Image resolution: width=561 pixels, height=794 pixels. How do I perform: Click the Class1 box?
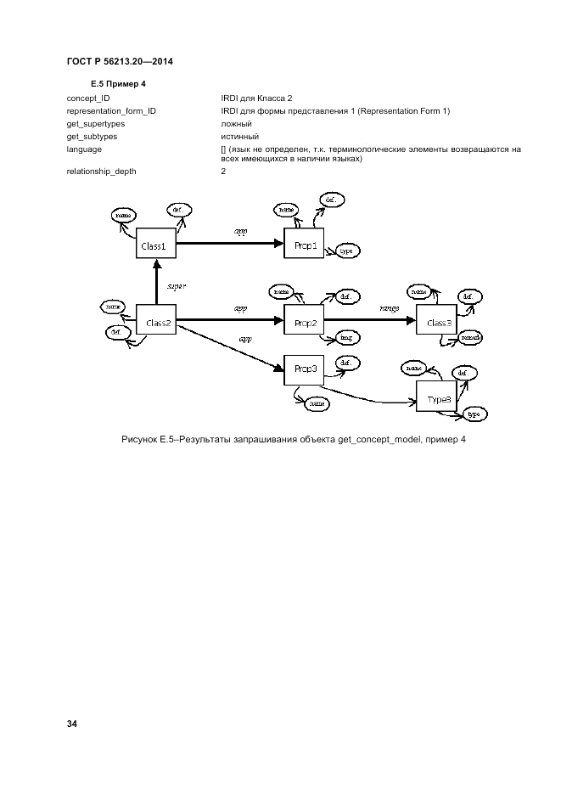[157, 245]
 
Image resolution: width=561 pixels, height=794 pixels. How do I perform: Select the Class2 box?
[158, 322]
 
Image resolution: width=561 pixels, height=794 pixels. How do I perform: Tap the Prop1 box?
[304, 246]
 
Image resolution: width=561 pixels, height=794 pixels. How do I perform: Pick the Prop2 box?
[304, 323]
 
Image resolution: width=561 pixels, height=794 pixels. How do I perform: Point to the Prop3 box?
[304, 368]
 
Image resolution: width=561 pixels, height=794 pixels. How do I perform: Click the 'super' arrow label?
[177, 286]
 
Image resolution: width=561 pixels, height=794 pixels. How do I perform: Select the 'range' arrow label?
[390, 309]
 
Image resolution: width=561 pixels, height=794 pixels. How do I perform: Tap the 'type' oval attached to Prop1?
[346, 251]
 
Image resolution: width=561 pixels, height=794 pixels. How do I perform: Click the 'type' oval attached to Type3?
[474, 414]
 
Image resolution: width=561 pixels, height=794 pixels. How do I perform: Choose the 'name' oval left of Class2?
[113, 306]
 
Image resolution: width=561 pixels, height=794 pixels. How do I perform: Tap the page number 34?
[72, 724]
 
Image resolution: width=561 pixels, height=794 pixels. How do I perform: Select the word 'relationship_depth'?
[101, 172]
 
